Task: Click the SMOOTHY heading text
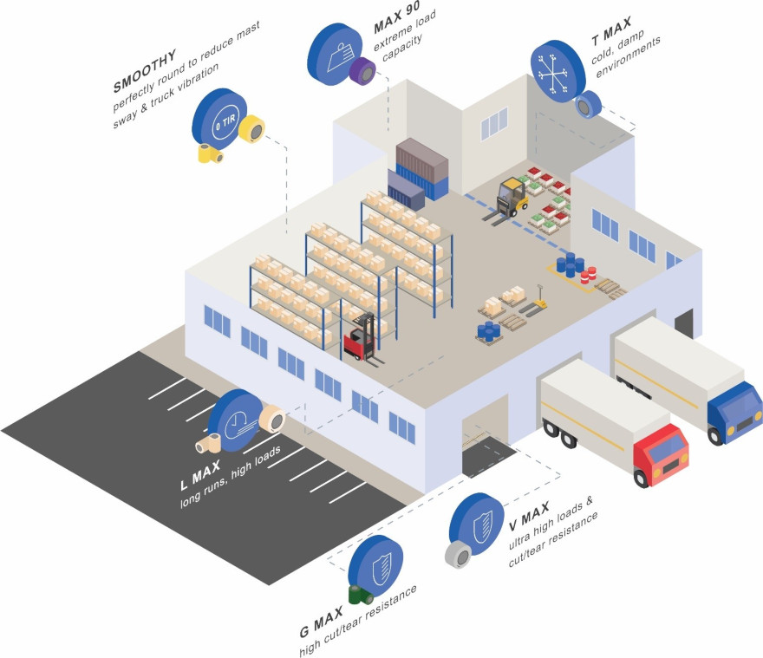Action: (x=145, y=70)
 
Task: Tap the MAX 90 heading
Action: (x=396, y=17)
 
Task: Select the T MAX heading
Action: (x=611, y=30)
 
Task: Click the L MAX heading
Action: (x=200, y=475)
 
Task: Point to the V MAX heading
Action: (x=528, y=516)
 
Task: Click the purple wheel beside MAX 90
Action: (x=362, y=71)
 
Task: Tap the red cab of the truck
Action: (x=662, y=454)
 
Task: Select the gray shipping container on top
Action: (x=422, y=160)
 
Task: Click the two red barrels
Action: (x=589, y=276)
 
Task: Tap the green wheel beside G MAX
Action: (x=361, y=595)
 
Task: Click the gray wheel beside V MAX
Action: (x=459, y=554)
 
